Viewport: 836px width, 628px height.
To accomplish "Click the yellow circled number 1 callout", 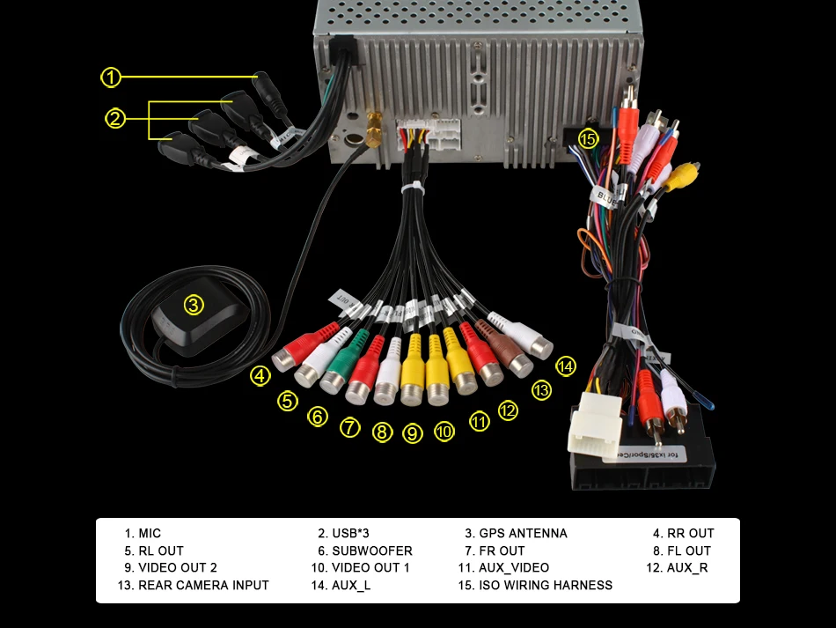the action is pos(110,78).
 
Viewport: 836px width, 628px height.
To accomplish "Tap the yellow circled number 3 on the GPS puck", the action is pos(194,306).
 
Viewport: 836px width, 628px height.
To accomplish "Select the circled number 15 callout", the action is pos(588,138).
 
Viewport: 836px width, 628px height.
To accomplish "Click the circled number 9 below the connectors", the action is pos(413,432).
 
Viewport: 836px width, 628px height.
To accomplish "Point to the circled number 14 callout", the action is pos(565,366).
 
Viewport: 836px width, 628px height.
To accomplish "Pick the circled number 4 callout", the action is pos(260,376).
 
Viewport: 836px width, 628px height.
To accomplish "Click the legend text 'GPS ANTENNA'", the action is pos(523,534).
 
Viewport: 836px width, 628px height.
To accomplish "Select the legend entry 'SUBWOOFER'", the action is pos(371,551).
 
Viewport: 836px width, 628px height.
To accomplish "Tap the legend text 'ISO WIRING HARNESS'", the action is pos(545,585).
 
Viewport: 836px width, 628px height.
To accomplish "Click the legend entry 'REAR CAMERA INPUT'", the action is pos(203,585).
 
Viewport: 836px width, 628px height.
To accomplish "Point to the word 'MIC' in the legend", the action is pos(150,534).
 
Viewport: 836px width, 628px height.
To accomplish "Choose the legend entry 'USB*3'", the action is pos(349,534).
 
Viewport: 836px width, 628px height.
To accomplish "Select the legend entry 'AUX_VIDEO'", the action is pos(513,568).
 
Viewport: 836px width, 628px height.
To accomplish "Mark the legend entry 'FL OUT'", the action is pos(689,551).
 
